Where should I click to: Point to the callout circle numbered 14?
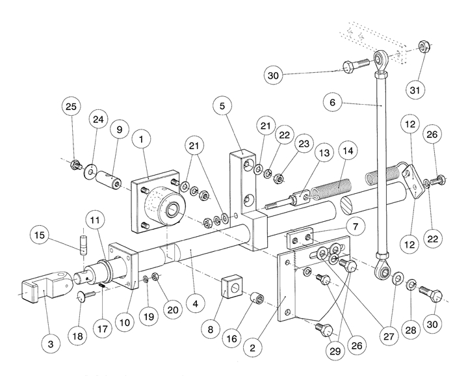click(x=347, y=152)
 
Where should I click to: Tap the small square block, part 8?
click(x=231, y=286)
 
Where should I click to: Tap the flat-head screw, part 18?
click(x=85, y=297)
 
